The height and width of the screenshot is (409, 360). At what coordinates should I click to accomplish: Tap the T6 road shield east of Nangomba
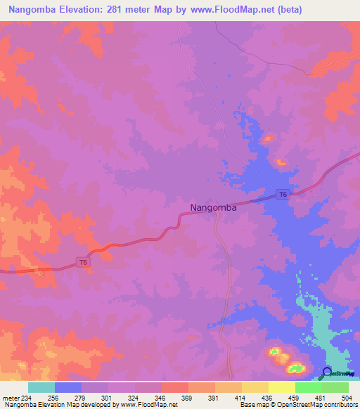(x=282, y=194)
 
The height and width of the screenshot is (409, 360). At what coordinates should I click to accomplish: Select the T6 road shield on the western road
(x=83, y=263)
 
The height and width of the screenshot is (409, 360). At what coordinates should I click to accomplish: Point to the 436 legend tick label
(x=269, y=397)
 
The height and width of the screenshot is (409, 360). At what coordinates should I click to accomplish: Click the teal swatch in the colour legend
(x=41, y=387)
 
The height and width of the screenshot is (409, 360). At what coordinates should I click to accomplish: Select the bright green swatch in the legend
(x=309, y=387)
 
